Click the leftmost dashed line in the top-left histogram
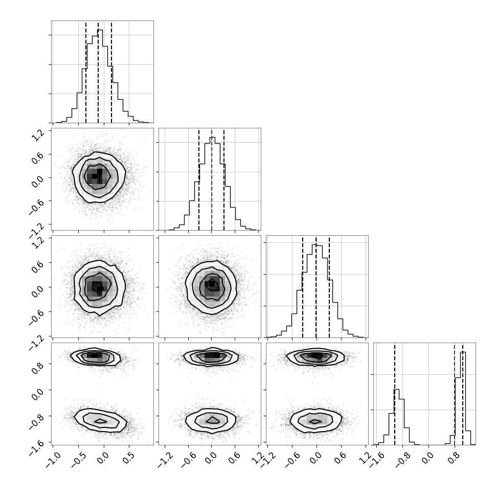86,72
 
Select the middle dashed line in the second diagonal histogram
212,179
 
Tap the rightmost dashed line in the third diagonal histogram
329,286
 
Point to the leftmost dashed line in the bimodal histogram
394,394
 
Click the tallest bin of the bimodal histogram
463,398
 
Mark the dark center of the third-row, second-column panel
212,284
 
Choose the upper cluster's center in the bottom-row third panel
317,356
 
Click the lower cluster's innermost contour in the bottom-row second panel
213,420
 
